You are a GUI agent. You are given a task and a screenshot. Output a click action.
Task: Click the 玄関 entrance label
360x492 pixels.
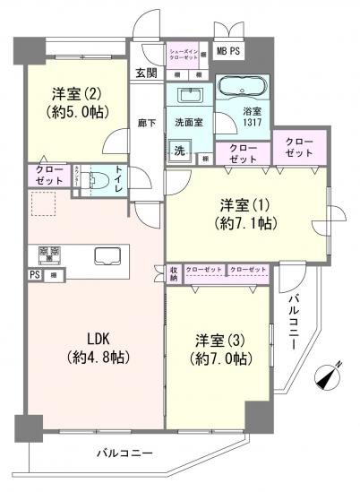click(146, 73)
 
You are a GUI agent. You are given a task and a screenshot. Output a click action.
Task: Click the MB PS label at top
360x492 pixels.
click(226, 52)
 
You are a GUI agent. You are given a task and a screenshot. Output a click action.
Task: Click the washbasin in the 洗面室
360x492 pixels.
click(190, 96)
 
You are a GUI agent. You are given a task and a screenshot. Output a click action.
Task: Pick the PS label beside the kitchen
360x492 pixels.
click(34, 274)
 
